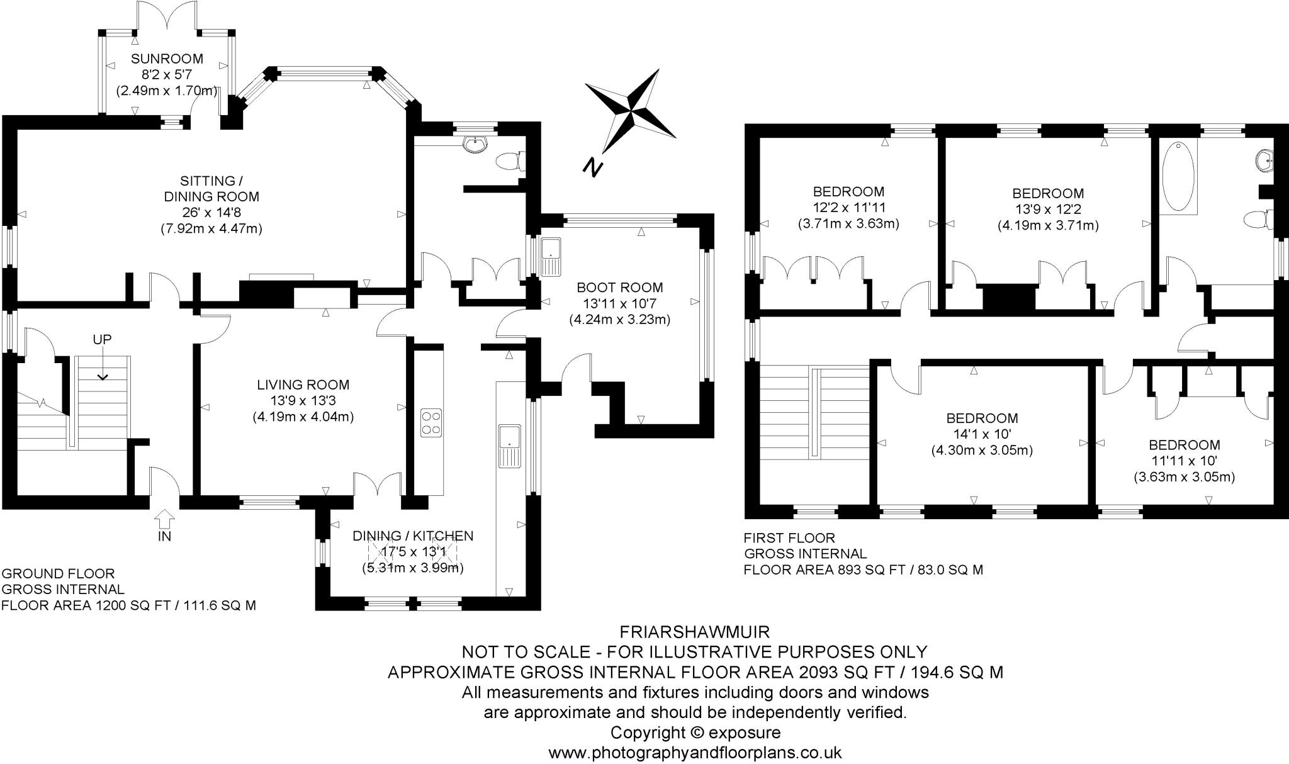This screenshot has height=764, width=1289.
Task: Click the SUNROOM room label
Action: (167, 59)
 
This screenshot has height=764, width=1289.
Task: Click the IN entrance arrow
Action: (164, 520)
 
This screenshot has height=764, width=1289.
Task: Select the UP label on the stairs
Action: (102, 340)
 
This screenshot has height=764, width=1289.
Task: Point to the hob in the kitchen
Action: (431, 422)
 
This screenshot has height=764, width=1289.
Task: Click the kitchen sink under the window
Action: (509, 446)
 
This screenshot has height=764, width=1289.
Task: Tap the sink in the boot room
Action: (551, 256)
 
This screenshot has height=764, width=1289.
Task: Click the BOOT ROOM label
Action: (619, 288)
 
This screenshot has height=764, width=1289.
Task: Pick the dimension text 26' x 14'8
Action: (211, 213)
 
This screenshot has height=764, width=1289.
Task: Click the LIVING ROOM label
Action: (303, 385)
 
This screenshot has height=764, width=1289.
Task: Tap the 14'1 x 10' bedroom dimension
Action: (982, 434)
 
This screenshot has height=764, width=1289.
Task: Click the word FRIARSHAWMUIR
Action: (694, 631)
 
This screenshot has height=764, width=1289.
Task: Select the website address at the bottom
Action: (694, 753)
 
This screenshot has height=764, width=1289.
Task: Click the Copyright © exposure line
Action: (694, 733)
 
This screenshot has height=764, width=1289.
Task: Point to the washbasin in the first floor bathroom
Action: (1263, 161)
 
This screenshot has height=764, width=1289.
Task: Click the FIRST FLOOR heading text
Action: (789, 538)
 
